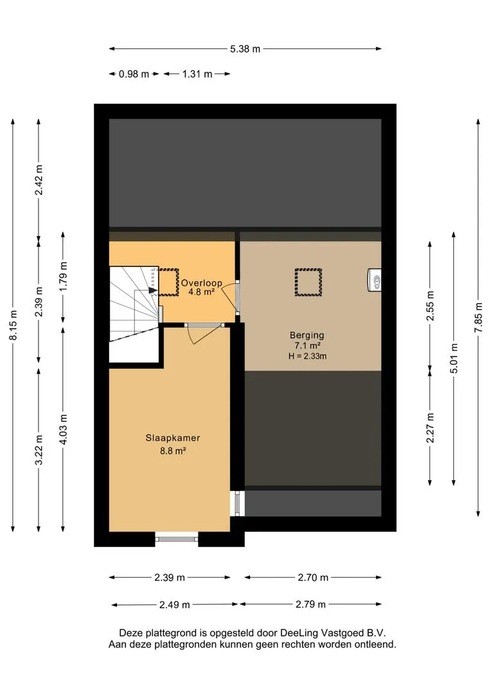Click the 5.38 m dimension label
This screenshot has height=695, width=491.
(x=245, y=49)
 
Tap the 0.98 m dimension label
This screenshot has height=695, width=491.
(x=134, y=74)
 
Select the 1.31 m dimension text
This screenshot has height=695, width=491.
(x=197, y=74)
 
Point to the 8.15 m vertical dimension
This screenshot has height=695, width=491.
(x=13, y=326)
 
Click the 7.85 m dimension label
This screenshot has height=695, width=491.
(x=478, y=317)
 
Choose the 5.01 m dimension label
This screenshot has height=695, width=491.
(x=454, y=358)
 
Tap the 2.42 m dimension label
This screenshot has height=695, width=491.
(x=39, y=180)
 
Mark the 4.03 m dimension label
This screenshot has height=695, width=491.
(x=64, y=429)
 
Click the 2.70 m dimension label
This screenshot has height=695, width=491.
(x=313, y=577)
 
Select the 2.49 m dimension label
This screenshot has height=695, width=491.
(x=174, y=604)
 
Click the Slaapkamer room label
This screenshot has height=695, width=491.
(x=173, y=438)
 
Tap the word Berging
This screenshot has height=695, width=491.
(x=307, y=335)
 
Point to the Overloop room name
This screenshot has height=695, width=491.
(x=201, y=283)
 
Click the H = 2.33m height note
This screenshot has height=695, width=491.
(x=307, y=356)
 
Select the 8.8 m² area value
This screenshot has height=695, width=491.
(x=173, y=451)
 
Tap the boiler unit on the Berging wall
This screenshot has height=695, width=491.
(x=374, y=280)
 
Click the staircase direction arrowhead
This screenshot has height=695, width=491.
(x=153, y=290)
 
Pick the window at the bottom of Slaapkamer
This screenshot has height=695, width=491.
(x=177, y=539)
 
